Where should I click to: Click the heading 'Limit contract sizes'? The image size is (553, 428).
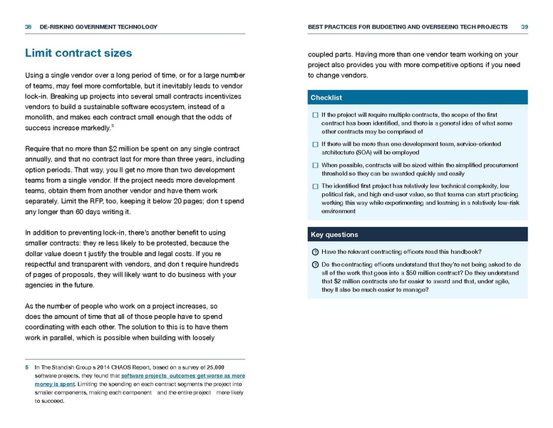point(78,53)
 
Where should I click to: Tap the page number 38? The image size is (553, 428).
point(28,27)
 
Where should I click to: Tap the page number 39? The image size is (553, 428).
point(524,27)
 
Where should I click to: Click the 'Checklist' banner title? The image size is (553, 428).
point(326,97)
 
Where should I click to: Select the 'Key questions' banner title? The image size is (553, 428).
point(334,234)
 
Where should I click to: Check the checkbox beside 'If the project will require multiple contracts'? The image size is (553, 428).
point(315,115)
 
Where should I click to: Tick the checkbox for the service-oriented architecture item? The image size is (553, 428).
point(315,144)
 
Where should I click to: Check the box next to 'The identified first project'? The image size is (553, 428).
point(315,185)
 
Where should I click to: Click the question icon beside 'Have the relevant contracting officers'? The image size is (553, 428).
point(315,251)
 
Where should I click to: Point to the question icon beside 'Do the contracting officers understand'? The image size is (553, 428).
point(315,264)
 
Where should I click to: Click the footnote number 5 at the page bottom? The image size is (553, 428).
point(27,366)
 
